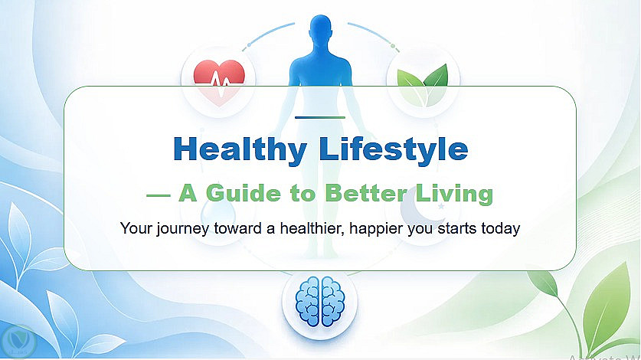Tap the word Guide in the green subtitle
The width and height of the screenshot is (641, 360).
244,193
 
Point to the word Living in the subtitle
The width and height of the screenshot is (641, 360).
454,194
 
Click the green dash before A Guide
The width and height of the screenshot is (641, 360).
159,195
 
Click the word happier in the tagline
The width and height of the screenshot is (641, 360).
376,229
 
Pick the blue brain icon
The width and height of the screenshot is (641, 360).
320,301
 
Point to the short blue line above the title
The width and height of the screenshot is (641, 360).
320,117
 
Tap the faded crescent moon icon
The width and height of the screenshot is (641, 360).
417,208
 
